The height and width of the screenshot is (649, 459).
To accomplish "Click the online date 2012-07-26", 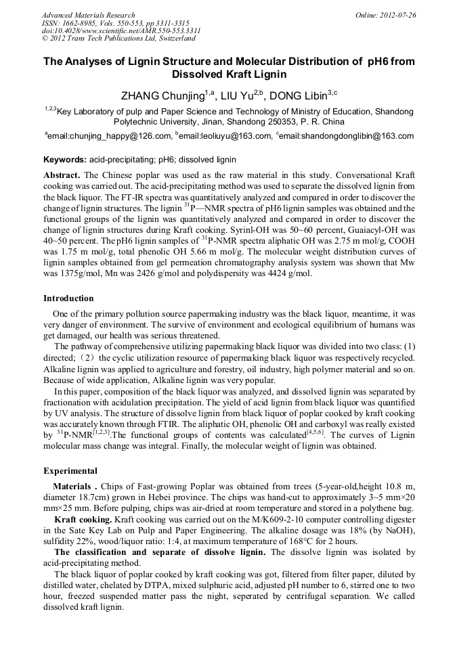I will pos(395,15).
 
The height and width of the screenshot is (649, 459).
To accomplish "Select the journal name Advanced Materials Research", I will pos(88,15).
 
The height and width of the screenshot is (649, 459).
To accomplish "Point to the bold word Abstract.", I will pos(62,175).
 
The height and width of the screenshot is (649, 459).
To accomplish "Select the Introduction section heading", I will pos(68,298).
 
